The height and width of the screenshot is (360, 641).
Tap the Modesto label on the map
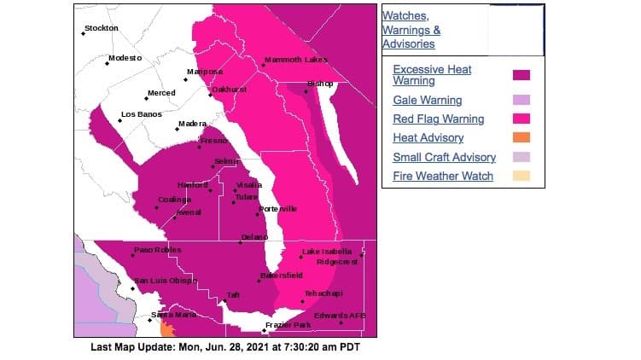point(125,57)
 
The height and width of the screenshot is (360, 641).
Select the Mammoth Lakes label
point(295,60)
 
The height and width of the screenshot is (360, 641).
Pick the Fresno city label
point(213,140)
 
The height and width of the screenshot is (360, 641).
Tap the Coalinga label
point(174,199)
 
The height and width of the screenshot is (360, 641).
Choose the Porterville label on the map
point(277,209)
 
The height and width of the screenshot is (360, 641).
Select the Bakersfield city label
point(282,276)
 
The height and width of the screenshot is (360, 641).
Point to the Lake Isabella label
point(327,252)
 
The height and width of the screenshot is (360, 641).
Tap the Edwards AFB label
point(340,316)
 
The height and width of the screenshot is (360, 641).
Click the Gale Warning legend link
point(427,100)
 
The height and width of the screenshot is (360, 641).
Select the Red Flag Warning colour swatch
point(522,119)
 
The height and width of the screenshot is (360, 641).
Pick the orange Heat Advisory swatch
point(522,138)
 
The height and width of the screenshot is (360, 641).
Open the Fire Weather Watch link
point(442,176)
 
